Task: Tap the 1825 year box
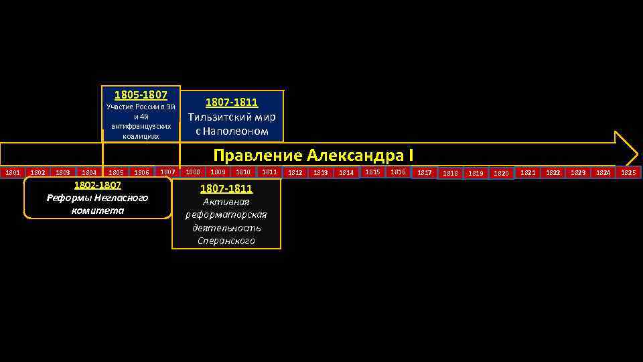tap(628, 173)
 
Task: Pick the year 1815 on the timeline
tap(372, 172)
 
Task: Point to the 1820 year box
tap(501, 173)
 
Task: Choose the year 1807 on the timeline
tap(167, 172)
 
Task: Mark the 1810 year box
tap(242, 172)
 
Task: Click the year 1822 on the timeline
tap(553, 173)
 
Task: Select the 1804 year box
tap(89, 173)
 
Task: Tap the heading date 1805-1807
tap(141, 95)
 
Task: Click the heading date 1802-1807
tap(97, 185)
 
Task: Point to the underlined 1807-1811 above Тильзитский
tap(232, 103)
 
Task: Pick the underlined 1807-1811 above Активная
tap(226, 189)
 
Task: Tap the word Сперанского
tap(226, 241)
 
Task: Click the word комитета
tap(97, 210)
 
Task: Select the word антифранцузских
tap(141, 126)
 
